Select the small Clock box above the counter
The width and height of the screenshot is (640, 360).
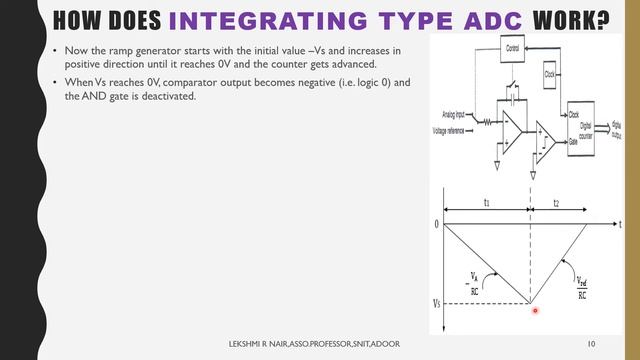550,74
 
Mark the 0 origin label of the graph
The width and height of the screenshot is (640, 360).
437,224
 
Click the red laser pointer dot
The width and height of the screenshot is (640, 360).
535,311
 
